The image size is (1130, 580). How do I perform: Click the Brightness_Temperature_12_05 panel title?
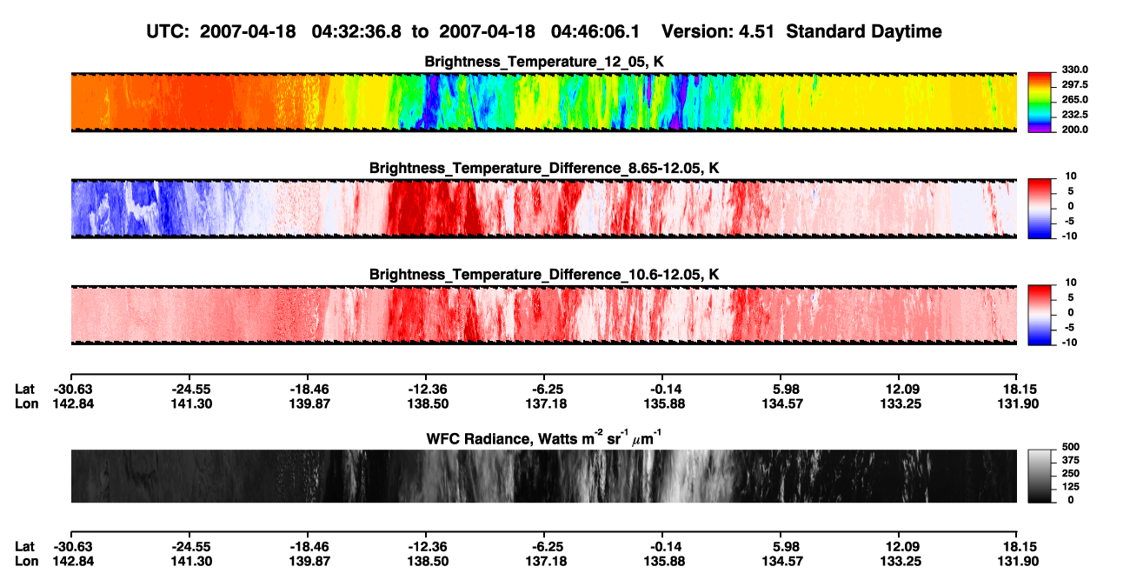544,62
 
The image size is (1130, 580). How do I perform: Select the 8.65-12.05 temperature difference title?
544,168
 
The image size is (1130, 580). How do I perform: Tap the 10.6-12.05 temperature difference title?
544,275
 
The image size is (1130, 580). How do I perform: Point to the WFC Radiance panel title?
544,437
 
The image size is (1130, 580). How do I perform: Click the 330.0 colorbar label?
1074,70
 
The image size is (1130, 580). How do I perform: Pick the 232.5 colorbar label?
1074,115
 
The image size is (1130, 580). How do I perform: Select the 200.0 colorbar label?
1074,130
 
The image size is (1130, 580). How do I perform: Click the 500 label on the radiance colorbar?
1071,447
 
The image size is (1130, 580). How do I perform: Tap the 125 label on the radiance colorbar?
1071,487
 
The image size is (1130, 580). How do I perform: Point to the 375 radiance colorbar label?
1071,460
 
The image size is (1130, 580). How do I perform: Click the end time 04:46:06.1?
595,31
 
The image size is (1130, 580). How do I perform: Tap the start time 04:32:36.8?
356,31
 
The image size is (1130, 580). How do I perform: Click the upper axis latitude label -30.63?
73,390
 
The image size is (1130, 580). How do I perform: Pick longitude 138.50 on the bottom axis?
428,562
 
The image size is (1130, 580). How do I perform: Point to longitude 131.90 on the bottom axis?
1018,562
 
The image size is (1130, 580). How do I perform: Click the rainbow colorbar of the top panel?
1040,103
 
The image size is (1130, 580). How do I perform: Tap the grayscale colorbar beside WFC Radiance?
1040,476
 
